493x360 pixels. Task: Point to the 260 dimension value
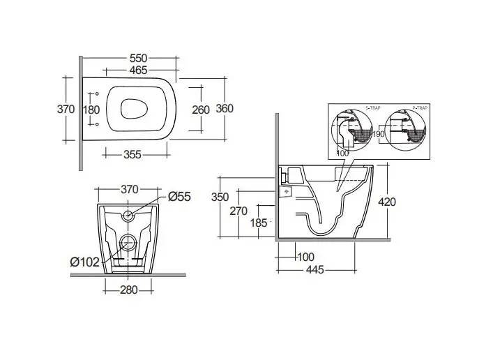coord(201,110)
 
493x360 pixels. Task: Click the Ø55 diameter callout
coord(179,197)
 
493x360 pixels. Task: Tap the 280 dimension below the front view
coord(128,290)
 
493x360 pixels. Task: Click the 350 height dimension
coord(220,197)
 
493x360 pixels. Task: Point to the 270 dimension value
coord(240,210)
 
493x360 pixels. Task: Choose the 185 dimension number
coord(259,223)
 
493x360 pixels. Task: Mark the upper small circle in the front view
coord(128,216)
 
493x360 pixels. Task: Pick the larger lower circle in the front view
coord(128,243)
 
